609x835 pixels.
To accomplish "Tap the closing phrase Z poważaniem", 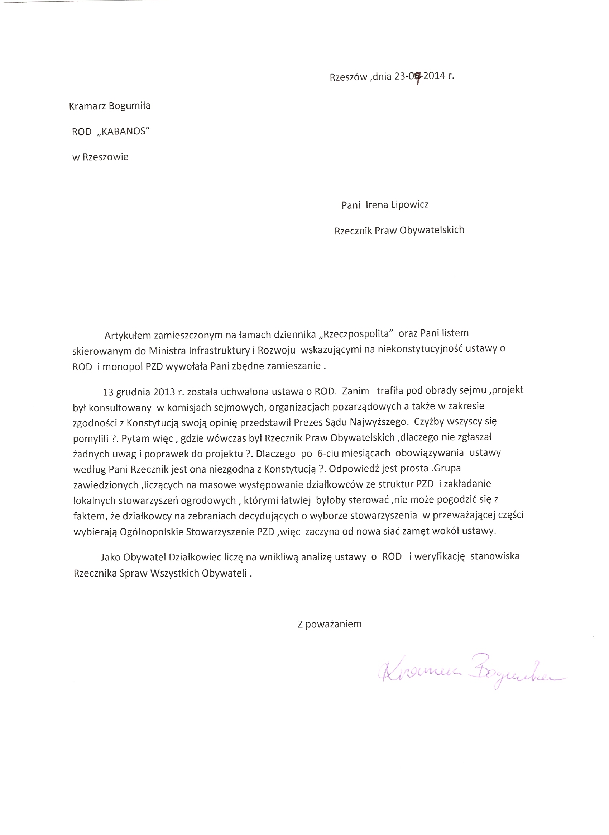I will [330, 624].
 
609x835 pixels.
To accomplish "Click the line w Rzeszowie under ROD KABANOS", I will [100, 157].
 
